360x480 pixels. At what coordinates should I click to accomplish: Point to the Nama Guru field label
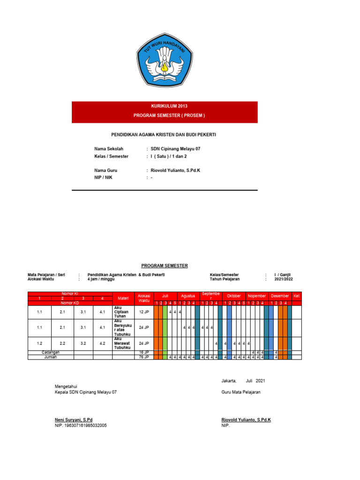105,171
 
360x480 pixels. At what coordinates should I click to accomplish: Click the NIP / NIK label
103,178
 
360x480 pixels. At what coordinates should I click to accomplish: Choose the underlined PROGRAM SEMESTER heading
165,266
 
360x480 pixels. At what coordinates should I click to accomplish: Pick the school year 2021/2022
284,279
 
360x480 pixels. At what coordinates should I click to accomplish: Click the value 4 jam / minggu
101,279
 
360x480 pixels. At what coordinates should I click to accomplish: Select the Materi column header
123,298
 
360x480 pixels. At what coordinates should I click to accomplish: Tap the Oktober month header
233,296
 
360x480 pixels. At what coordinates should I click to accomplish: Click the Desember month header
280,296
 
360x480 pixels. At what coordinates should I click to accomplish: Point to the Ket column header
296,296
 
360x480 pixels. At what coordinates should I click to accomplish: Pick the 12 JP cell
144,311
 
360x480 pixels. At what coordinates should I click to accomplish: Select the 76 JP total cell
144,357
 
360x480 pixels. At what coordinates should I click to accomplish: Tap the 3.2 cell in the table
83,343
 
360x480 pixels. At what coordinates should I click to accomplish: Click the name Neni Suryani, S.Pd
74,420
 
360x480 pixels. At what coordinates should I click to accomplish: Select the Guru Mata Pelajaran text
241,392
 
